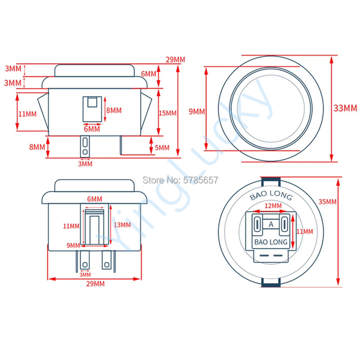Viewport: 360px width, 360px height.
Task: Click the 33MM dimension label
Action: click(x=345, y=108)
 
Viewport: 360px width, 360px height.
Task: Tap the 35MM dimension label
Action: click(x=327, y=202)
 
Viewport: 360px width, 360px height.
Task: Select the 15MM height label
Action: click(x=168, y=113)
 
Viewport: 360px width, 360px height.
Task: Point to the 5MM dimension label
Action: click(x=162, y=148)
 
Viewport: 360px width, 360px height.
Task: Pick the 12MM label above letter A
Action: click(x=273, y=206)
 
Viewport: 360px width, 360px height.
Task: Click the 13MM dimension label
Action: click(x=122, y=225)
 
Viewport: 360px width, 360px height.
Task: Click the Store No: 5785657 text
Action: click(x=180, y=180)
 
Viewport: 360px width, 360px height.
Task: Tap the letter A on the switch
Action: click(x=271, y=224)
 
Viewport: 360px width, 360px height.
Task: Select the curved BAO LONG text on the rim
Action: click(x=271, y=195)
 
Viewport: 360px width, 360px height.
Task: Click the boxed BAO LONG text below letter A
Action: click(x=271, y=242)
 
